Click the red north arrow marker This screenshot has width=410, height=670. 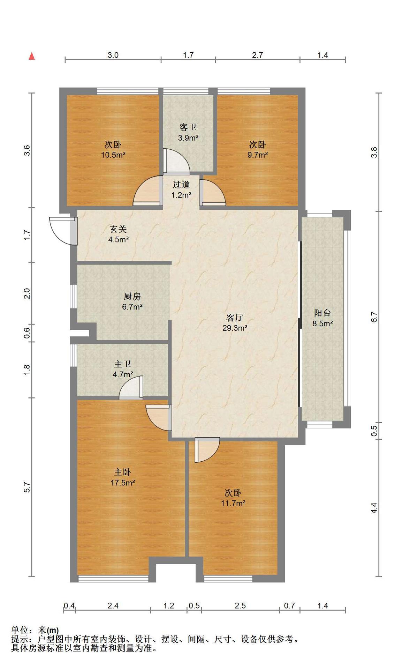(x=32, y=56)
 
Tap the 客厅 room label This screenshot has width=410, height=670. (x=235, y=318)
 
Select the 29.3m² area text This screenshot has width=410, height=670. (x=235, y=328)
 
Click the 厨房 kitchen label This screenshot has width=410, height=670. (x=132, y=297)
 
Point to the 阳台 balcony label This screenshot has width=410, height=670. (x=322, y=313)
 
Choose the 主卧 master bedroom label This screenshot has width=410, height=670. (x=122, y=472)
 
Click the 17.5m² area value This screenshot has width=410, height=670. (x=123, y=483)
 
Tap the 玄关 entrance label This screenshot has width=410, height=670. (x=118, y=229)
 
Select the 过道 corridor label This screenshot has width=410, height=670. (x=181, y=185)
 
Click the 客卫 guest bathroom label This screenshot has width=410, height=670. (x=188, y=127)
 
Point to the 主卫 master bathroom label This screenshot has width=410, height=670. (x=122, y=364)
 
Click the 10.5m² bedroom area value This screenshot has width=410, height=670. (x=113, y=155)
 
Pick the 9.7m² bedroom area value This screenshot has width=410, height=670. (x=258, y=155)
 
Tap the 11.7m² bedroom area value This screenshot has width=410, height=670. (x=233, y=504)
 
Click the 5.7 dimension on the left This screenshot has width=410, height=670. (x=28, y=487)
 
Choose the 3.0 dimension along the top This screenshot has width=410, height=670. (x=113, y=55)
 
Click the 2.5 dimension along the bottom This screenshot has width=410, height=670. (x=240, y=605)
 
